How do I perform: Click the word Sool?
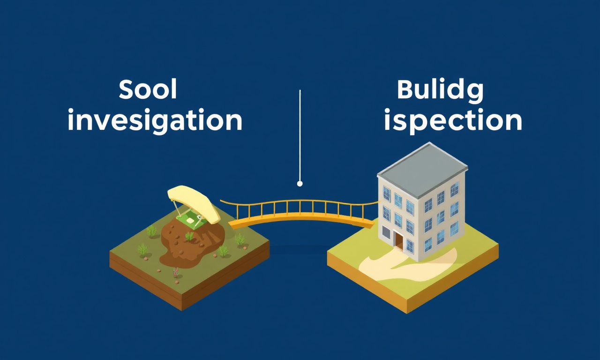[148, 89]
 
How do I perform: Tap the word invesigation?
[155, 121]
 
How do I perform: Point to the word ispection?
[453, 121]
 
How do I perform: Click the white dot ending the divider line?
[300, 183]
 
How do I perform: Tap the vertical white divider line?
[300, 135]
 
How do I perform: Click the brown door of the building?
[398, 241]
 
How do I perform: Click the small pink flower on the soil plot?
[175, 272]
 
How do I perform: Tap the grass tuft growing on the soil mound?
[189, 236]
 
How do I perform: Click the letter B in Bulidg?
[405, 90]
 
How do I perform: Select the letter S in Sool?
[127, 89]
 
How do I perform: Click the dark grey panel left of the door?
[386, 232]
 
